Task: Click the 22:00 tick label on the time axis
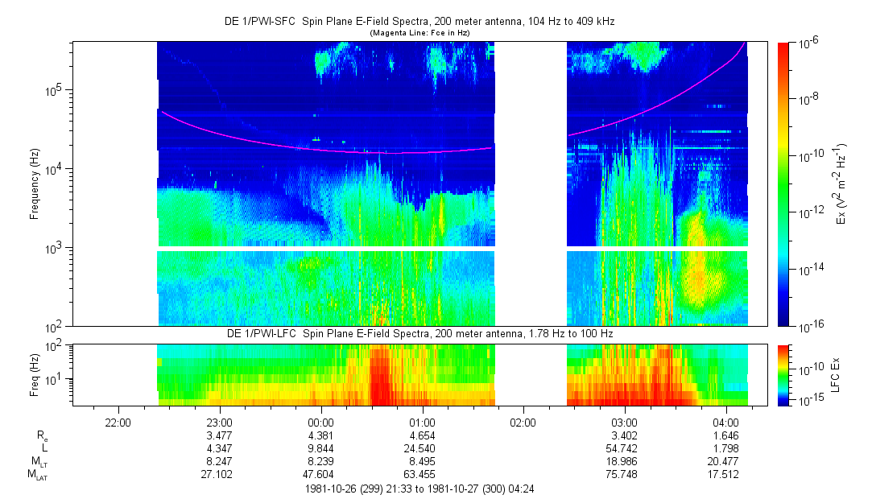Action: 118,423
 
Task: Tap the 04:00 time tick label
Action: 725,423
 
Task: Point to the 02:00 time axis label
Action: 523,423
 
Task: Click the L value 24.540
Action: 422,448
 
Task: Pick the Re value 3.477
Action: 220,435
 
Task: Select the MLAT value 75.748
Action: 624,475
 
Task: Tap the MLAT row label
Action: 37,475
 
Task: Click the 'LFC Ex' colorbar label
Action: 836,373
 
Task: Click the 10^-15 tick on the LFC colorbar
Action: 808,400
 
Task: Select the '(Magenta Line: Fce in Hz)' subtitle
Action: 419,33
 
